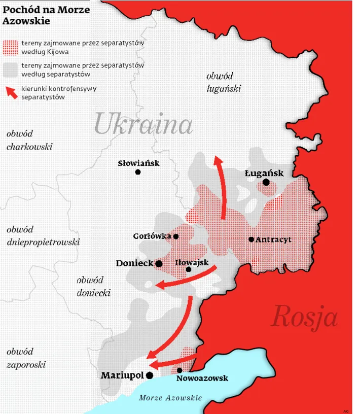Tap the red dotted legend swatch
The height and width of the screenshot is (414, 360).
[x=11, y=47]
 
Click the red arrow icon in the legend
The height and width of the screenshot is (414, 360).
[x=11, y=92]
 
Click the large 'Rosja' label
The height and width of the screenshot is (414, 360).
[x=304, y=317]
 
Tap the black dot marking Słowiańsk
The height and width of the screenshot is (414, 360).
[x=138, y=172]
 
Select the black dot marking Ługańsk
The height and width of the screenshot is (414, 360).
[x=266, y=182]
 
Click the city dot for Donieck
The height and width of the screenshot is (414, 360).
[x=159, y=264]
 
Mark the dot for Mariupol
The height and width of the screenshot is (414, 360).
[x=150, y=375]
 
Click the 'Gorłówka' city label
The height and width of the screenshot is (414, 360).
[x=152, y=236]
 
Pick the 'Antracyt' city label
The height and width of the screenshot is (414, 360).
[x=274, y=239]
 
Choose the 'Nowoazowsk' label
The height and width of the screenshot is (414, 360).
[x=202, y=378]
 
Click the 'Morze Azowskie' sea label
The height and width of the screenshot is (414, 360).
[x=170, y=398]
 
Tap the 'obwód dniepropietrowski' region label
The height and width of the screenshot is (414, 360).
[x=43, y=236]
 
